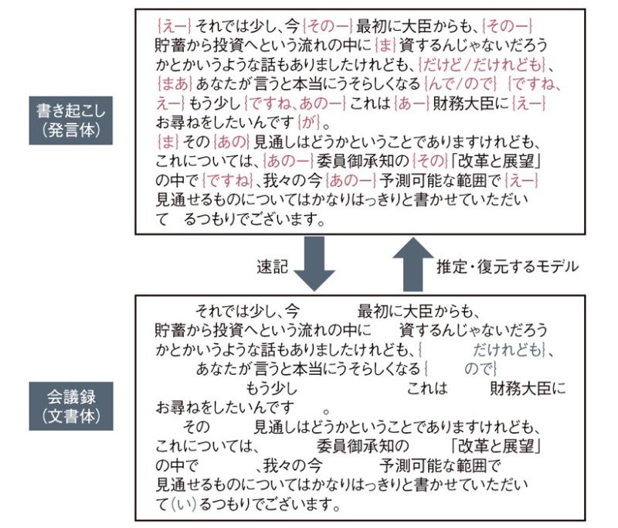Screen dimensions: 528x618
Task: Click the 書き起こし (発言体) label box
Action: [x=71, y=120]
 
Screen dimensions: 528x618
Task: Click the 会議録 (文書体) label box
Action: [x=71, y=404]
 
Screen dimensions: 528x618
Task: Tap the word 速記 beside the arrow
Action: [x=272, y=267]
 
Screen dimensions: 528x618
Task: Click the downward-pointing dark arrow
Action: [x=314, y=266]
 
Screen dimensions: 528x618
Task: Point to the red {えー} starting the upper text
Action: [x=171, y=23]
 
